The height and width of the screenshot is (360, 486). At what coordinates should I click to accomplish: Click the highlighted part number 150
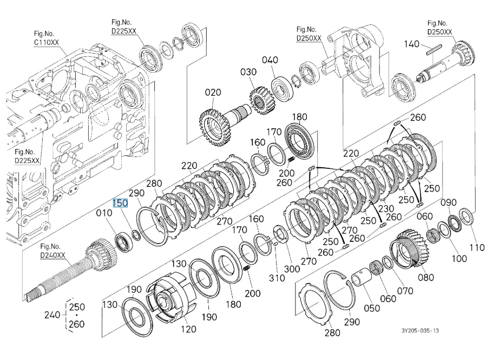pyautogui.click(x=120, y=203)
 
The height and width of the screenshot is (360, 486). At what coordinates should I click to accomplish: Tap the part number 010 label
pyautogui.click(x=104, y=213)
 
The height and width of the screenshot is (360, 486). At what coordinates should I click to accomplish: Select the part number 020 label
pyautogui.click(x=213, y=93)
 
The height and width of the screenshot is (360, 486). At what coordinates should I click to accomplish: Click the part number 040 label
pyautogui.click(x=270, y=60)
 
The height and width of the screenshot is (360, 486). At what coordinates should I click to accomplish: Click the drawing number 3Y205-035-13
pyautogui.click(x=421, y=331)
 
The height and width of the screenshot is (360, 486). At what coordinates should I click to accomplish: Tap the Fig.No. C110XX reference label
pyautogui.click(x=46, y=38)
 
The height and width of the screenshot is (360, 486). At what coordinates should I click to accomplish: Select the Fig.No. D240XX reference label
pyautogui.click(x=52, y=251)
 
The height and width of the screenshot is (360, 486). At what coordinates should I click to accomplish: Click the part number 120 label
pyautogui.click(x=188, y=329)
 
